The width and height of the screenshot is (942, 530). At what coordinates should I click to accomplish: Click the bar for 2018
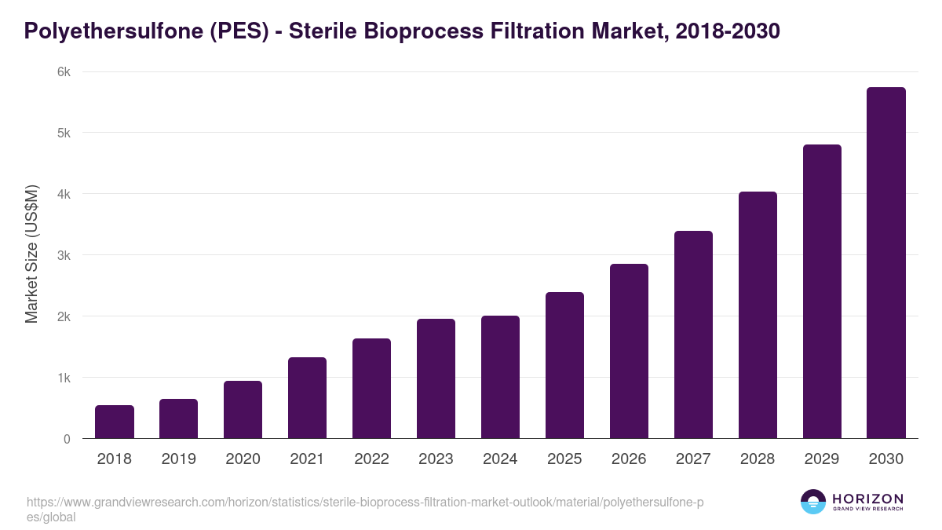[115, 422]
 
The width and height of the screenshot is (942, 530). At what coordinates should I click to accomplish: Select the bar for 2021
[307, 398]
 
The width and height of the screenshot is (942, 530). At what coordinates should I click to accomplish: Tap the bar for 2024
[500, 377]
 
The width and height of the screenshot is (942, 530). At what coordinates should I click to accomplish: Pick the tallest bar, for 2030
[885, 263]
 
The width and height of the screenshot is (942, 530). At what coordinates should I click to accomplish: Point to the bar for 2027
[693, 334]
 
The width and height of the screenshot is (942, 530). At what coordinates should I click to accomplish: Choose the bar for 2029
[822, 291]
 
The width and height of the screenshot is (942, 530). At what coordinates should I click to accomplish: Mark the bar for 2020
[243, 410]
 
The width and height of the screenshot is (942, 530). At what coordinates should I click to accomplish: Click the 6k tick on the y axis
[64, 71]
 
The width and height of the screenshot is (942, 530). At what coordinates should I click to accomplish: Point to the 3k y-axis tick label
[64, 255]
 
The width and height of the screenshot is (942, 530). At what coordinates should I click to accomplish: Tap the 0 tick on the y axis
[67, 439]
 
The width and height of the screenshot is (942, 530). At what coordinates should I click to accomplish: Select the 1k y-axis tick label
[64, 378]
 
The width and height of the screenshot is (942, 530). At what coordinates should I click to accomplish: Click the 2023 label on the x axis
[436, 459]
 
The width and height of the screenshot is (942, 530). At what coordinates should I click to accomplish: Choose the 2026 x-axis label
[629, 459]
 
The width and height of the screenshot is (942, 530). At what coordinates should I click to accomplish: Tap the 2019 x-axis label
[179, 459]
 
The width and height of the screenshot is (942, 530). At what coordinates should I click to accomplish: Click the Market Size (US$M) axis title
[31, 254]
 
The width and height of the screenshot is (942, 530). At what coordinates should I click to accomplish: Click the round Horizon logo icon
[812, 502]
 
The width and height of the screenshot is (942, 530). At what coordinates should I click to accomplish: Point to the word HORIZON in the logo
[867, 499]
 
